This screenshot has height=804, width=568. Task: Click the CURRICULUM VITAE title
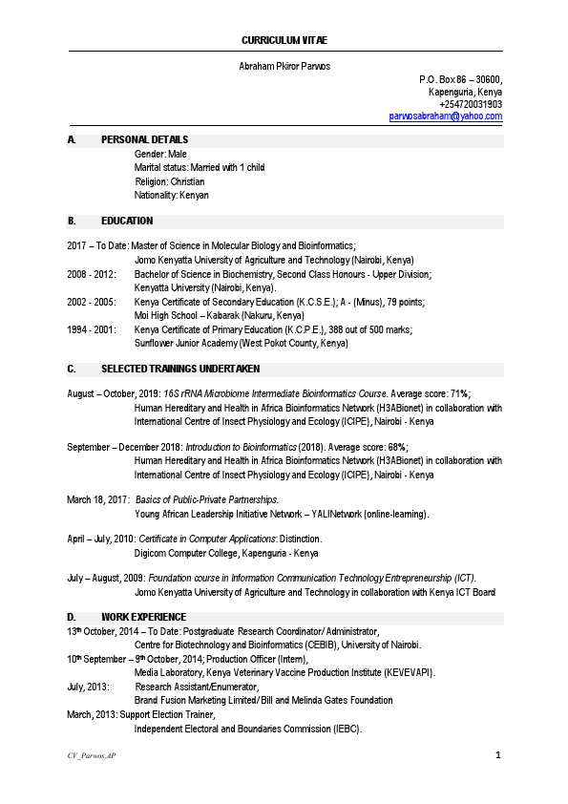point(284,41)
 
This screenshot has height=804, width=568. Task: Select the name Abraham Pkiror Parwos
point(284,65)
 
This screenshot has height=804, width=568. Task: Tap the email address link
point(446,116)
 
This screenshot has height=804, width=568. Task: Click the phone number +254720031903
point(471,104)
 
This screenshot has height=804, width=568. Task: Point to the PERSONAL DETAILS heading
point(144,140)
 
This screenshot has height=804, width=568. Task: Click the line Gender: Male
point(160,154)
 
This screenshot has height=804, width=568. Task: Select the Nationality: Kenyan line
point(172,195)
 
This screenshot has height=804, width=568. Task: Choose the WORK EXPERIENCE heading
point(143,617)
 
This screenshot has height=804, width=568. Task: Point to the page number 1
point(498,755)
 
